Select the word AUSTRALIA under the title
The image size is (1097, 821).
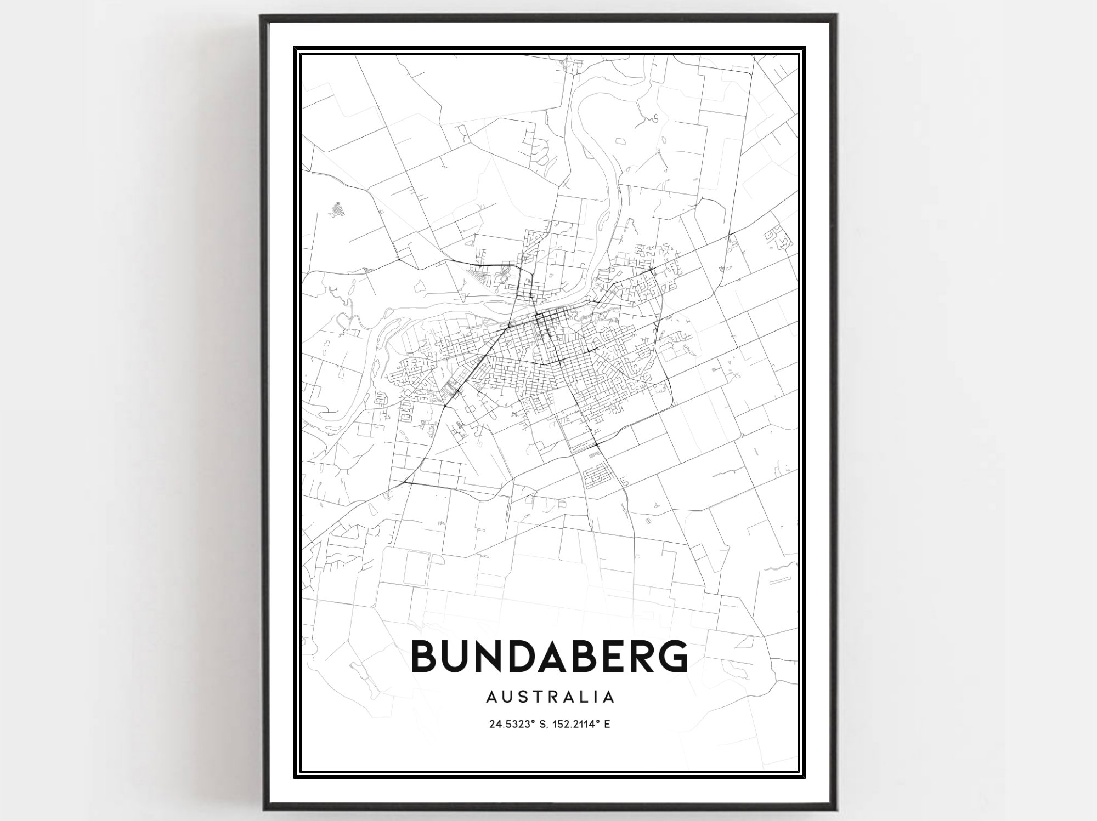(549, 697)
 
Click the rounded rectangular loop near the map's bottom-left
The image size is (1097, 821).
(417, 567)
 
